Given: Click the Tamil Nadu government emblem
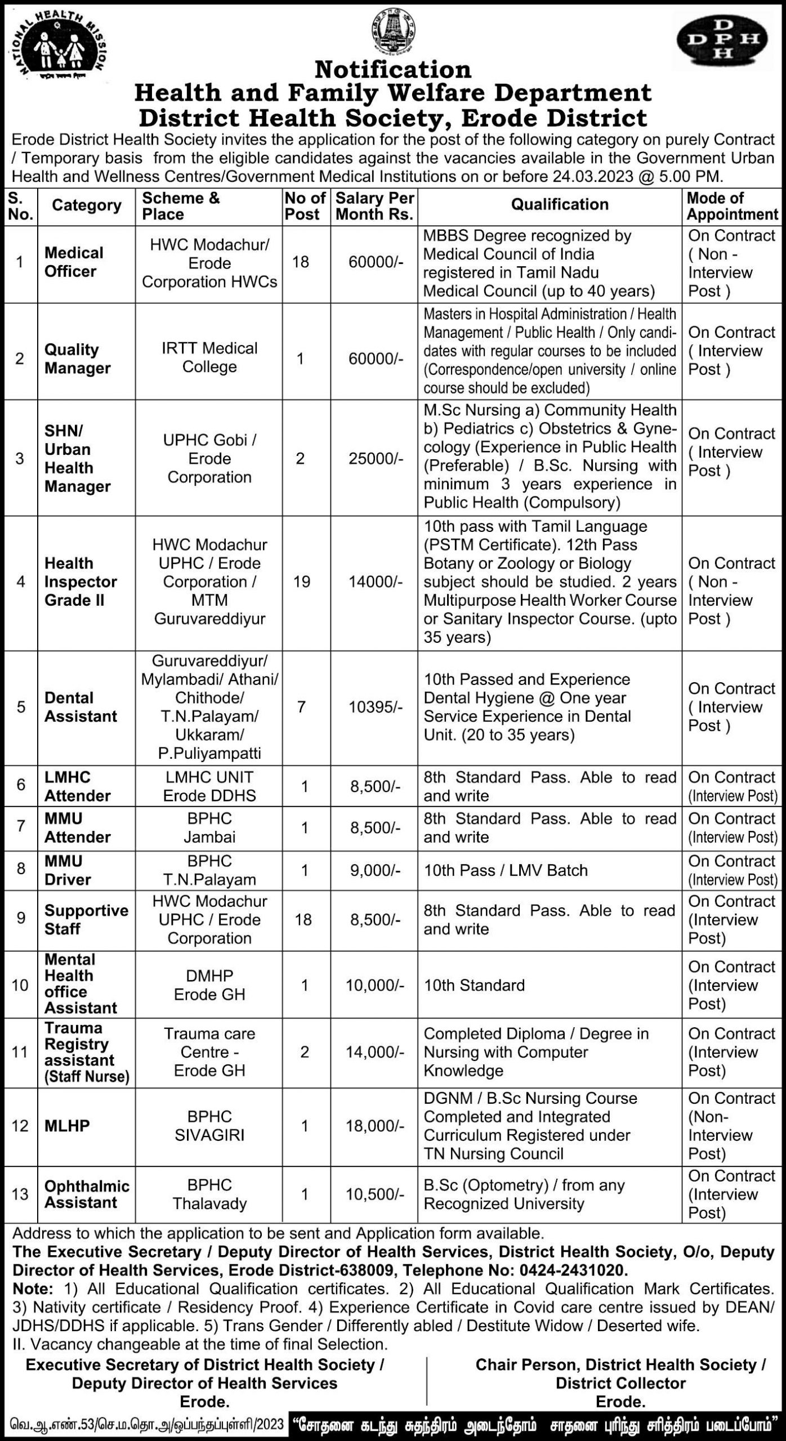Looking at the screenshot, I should click(x=392, y=32).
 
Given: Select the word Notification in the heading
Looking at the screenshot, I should click(x=392, y=70).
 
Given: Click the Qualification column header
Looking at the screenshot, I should click(x=559, y=205).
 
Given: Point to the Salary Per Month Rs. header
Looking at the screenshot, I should click(x=374, y=206).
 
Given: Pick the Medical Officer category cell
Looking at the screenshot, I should click(x=74, y=262).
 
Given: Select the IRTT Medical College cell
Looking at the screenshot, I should click(x=209, y=357).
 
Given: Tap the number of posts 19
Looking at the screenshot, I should click(x=302, y=581).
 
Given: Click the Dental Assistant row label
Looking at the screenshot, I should click(x=81, y=707).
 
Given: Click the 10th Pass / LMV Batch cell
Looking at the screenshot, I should click(x=506, y=870).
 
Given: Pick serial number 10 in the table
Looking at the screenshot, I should click(x=20, y=985).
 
